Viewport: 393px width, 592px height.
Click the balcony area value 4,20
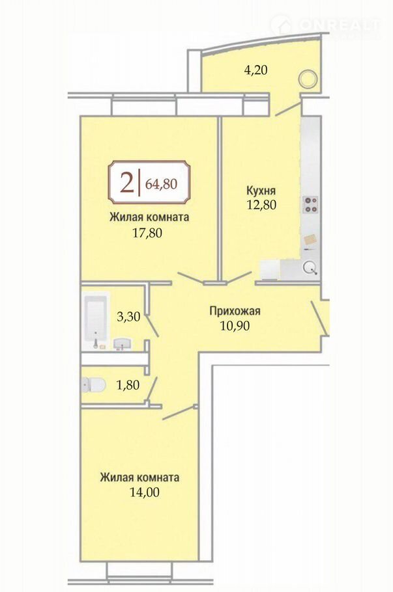coord(256,70)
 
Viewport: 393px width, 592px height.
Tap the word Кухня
coord(261,189)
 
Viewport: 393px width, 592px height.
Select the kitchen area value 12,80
coord(261,204)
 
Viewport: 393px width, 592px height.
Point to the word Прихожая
coord(235,311)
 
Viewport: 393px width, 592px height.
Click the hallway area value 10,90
coord(235,325)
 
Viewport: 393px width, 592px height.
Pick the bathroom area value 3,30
coord(128,316)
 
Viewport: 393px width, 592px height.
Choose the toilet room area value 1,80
coord(128,385)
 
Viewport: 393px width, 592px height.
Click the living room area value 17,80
coord(147,233)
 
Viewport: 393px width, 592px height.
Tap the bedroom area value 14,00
coord(145,492)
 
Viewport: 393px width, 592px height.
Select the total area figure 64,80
coord(161,183)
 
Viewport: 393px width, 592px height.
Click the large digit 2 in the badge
coord(126,183)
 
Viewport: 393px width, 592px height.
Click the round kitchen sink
coord(310,267)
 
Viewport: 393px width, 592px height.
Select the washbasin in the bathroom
coord(122,344)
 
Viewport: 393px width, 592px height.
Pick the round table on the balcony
coord(307,79)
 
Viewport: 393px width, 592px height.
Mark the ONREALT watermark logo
coord(325,25)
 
